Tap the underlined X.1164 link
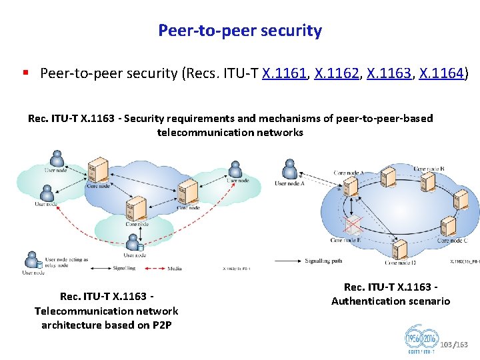(x=441, y=73)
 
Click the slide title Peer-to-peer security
(x=240, y=31)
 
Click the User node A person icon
(x=289, y=169)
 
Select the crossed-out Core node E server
(x=353, y=225)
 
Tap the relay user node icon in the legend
(x=31, y=260)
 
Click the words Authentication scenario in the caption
(x=391, y=301)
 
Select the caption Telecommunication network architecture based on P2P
(x=107, y=311)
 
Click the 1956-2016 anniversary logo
(x=423, y=337)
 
